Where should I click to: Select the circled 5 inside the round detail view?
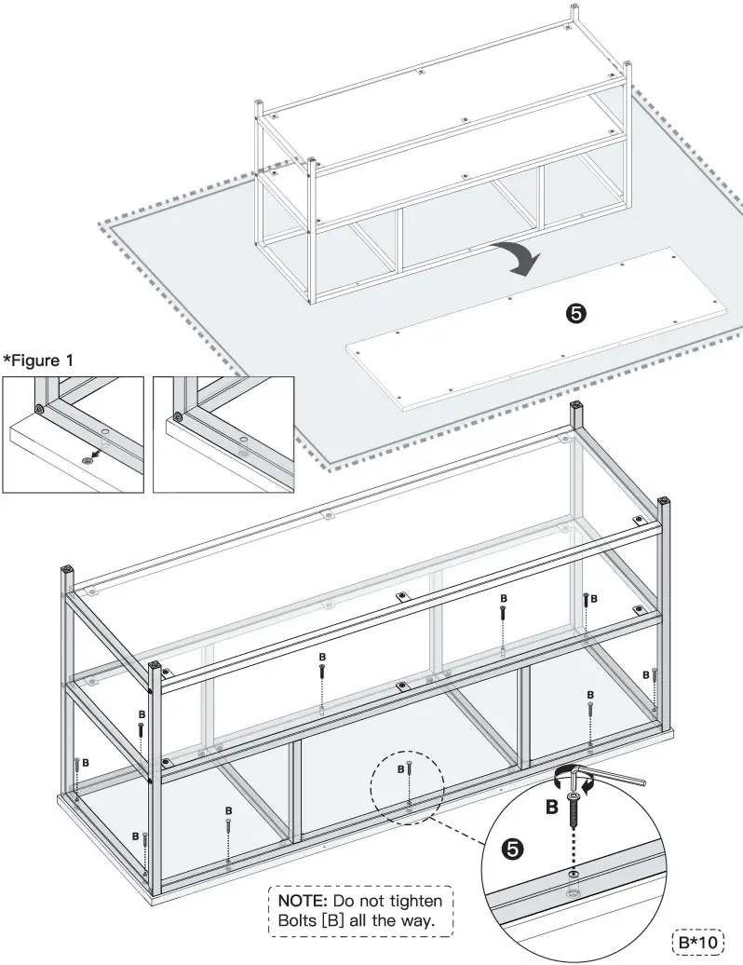pyautogui.click(x=511, y=848)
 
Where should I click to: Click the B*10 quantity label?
pyautogui.click(x=697, y=942)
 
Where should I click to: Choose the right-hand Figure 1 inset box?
pyautogui.click(x=223, y=433)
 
